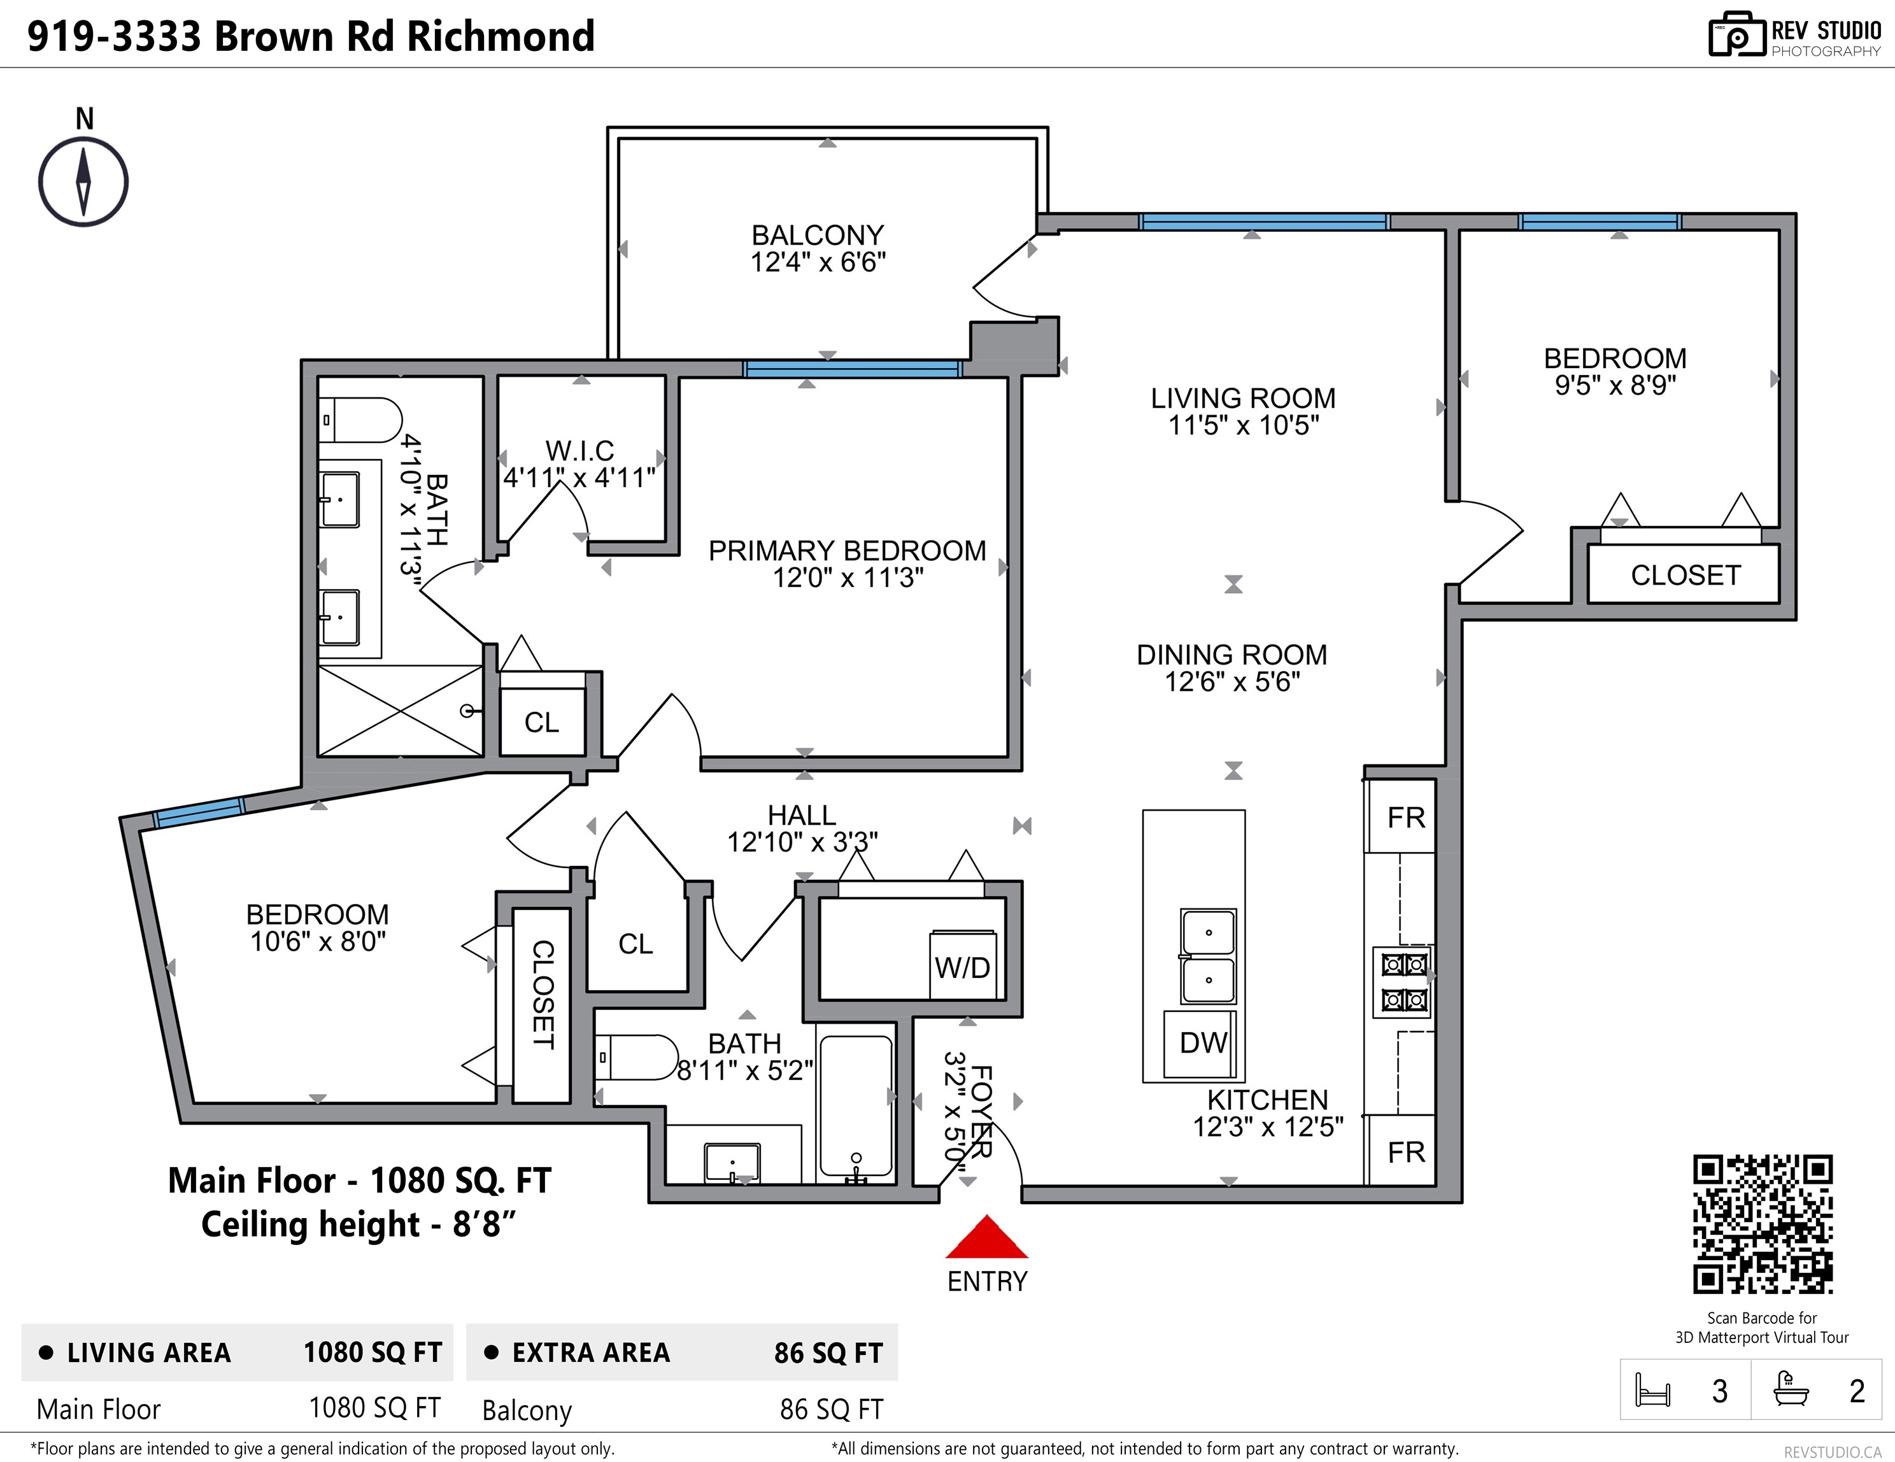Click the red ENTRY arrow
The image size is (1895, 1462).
[x=986, y=1237]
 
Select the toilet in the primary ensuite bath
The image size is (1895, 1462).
[x=360, y=420]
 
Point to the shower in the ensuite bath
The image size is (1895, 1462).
[x=400, y=711]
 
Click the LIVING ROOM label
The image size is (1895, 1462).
[x=1242, y=398]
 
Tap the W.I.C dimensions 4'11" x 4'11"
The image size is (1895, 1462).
[x=579, y=477]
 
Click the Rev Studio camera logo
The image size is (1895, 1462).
[x=1736, y=35]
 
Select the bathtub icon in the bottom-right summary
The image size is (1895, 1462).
[x=1791, y=1390]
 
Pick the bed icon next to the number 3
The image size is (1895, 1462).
[x=1652, y=1390]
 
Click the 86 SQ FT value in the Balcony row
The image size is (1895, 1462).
[x=831, y=1410]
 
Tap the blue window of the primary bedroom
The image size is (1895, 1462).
[x=852, y=369]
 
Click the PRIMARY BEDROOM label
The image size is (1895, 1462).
[x=847, y=550]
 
